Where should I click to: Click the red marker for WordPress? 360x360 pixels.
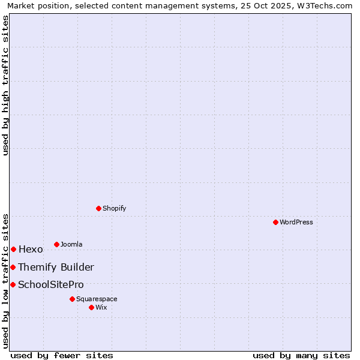click(x=275, y=222)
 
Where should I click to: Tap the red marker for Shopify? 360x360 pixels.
click(x=99, y=208)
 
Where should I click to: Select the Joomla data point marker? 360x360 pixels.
click(x=56, y=244)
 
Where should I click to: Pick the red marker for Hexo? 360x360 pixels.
click(x=13, y=249)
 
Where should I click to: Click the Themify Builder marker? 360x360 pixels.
click(x=13, y=267)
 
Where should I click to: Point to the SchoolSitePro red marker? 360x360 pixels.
click(x=13, y=284)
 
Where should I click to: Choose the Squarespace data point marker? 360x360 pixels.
click(x=72, y=299)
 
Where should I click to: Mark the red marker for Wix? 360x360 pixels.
click(x=91, y=307)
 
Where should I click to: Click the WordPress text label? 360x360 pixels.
click(x=296, y=222)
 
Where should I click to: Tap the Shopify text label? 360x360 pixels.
click(x=115, y=208)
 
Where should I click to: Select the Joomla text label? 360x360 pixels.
click(x=71, y=244)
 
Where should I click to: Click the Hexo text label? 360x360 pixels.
click(x=31, y=250)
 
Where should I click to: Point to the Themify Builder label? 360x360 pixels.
click(x=56, y=268)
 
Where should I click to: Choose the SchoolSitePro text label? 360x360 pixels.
click(x=51, y=285)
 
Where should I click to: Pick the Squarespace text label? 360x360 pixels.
click(x=97, y=299)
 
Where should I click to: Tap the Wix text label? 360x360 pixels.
click(x=101, y=307)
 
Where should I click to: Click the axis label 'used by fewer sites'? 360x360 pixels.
click(x=62, y=355)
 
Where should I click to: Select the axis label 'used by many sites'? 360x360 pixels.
click(x=301, y=355)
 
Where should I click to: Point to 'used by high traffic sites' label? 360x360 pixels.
click(x=5, y=85)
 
